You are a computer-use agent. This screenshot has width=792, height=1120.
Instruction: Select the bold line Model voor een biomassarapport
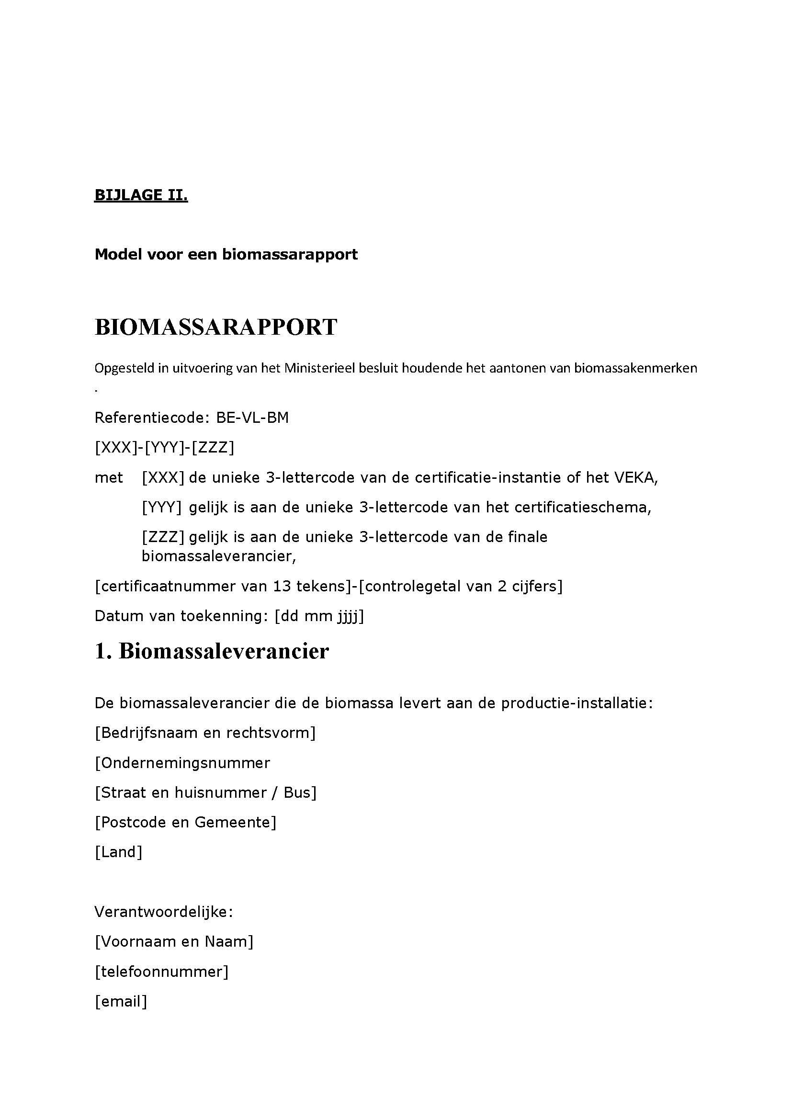226,254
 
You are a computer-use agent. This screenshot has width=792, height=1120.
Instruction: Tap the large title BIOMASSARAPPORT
215,327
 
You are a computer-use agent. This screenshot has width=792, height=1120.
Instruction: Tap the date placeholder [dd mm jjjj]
319,616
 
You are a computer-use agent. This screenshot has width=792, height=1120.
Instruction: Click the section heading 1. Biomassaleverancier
212,651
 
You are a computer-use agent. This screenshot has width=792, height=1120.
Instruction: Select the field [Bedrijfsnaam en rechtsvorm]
205,733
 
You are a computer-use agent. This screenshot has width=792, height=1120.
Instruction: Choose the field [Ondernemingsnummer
182,763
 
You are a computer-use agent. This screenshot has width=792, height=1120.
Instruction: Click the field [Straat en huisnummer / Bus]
205,792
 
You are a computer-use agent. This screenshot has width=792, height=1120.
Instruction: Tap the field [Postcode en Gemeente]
185,823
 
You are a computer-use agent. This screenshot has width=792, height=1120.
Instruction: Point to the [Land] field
118,852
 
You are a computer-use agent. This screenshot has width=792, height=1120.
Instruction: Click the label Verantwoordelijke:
164,912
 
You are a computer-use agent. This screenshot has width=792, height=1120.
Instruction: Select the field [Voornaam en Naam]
174,941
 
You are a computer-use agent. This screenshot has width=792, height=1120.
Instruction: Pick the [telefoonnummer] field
161,972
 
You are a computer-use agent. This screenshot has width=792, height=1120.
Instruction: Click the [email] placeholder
121,1001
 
